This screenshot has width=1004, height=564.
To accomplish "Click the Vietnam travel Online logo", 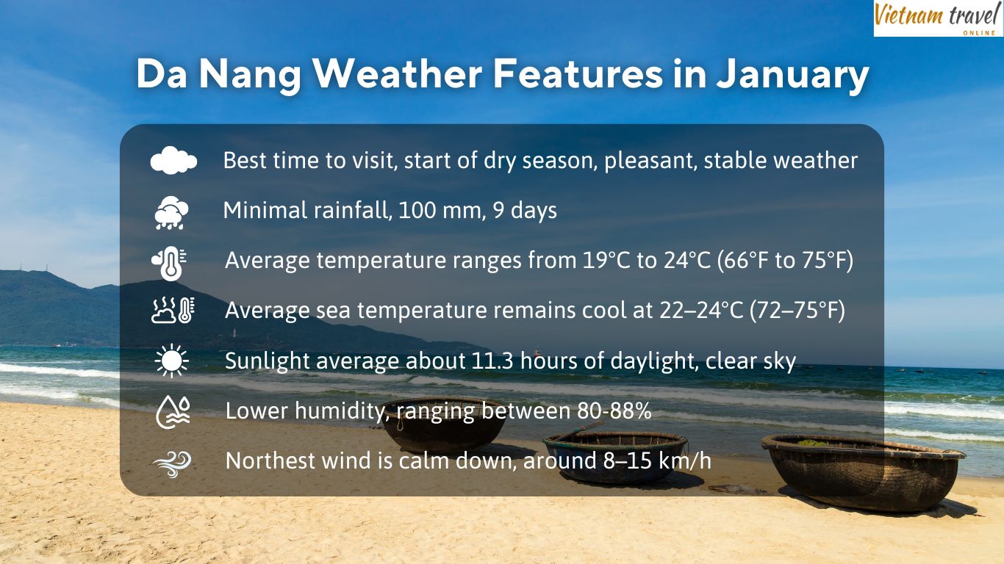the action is pos(938,18).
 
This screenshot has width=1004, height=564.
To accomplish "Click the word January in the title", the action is pos(792,74).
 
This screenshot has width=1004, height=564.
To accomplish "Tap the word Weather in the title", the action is pos(398,73).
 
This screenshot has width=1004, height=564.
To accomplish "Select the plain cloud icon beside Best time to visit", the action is pos(173,160).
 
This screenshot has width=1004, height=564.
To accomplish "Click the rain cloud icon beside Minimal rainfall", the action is pos(171,212).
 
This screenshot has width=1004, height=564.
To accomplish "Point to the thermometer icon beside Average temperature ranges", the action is pos(170,263).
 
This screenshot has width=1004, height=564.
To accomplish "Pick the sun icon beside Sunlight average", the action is pos(171,361).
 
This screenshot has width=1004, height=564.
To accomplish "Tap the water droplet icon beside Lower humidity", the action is pos(173,412).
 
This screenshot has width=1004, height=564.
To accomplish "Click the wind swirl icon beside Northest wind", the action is pos(172,463).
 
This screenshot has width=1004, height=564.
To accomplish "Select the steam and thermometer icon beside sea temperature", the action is pos(173,310).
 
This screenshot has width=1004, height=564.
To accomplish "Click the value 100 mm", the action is pos(440,210).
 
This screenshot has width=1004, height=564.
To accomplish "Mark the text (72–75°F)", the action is pos(797,311).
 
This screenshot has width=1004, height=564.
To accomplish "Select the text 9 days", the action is pos(525,211).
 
